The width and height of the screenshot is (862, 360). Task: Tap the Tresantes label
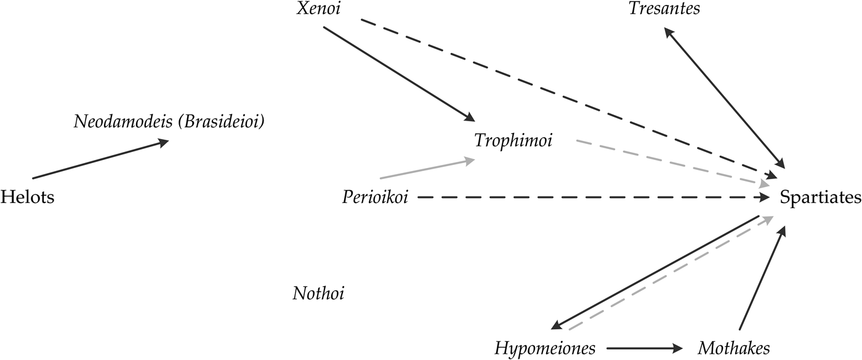(664, 9)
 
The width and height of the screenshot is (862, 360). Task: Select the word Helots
(27, 198)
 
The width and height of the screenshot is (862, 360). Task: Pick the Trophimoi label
(514, 141)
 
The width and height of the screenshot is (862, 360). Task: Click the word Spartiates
(820, 198)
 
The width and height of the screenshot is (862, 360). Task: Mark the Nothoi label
(318, 294)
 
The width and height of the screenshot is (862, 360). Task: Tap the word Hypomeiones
(545, 349)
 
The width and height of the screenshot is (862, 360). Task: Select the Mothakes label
(733, 349)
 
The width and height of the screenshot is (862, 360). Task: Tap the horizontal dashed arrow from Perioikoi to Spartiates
(591, 198)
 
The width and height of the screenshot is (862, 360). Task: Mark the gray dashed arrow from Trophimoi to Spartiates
(671, 162)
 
